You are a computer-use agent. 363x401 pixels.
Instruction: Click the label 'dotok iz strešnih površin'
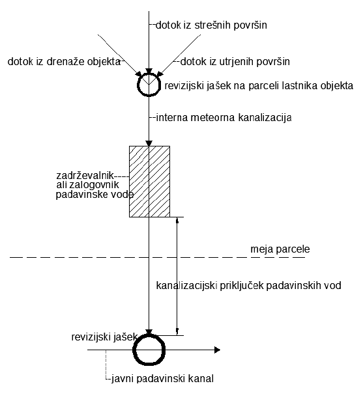(x=211, y=25)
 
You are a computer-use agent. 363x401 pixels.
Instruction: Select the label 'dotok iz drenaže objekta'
(x=64, y=62)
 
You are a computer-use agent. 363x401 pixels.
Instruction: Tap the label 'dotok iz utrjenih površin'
(x=235, y=62)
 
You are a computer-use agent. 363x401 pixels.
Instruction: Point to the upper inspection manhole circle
(x=139, y=85)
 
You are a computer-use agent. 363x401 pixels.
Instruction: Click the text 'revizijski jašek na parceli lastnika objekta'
(x=259, y=86)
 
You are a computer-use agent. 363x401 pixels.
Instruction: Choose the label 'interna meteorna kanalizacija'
(x=224, y=118)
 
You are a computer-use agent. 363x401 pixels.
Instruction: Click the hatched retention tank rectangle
(x=149, y=182)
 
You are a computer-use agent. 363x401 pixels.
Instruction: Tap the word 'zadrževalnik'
(x=85, y=176)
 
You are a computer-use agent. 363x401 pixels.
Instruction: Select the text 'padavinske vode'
(x=94, y=195)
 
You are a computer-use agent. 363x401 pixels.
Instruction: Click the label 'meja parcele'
(x=280, y=249)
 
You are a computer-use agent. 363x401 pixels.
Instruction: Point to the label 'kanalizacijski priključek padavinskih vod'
(x=248, y=285)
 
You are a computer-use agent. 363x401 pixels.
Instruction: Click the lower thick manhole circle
(x=134, y=350)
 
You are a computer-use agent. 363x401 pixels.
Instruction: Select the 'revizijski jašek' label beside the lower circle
(x=104, y=337)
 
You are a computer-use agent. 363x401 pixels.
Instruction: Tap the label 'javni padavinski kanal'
(x=162, y=378)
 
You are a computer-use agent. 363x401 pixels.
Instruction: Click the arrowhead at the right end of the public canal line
(x=217, y=350)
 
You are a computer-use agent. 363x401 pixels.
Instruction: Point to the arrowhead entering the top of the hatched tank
(x=149, y=143)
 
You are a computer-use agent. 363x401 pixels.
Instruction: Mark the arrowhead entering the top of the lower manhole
(x=149, y=332)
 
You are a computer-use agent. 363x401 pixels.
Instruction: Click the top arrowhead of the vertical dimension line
(x=177, y=221)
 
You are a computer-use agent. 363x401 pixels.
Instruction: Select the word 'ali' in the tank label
(x=62, y=185)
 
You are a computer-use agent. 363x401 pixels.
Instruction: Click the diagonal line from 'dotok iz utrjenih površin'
(x=181, y=55)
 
